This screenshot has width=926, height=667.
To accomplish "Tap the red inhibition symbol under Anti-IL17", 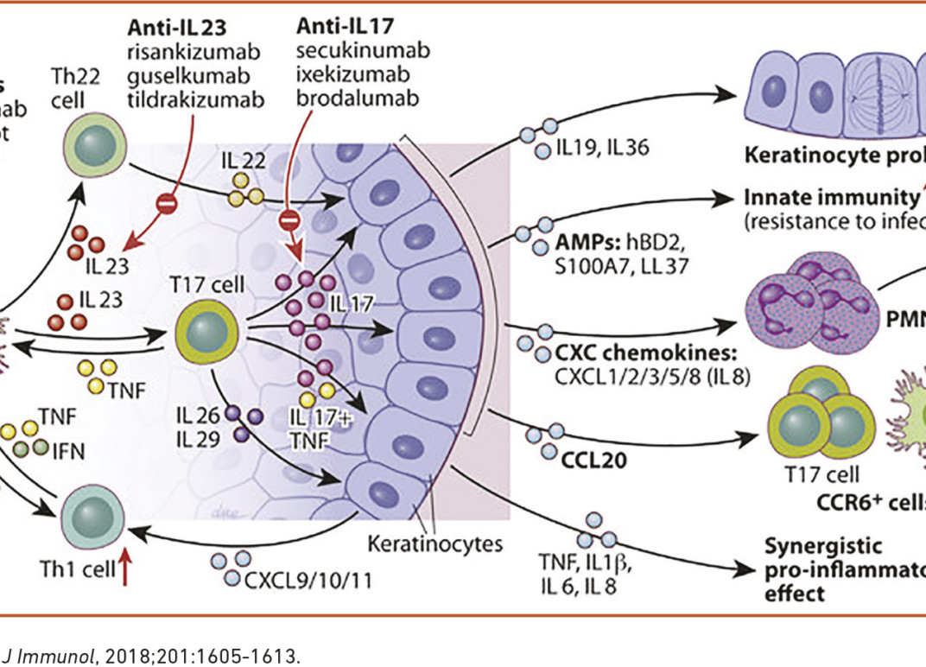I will pyautogui.click(x=291, y=220).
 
